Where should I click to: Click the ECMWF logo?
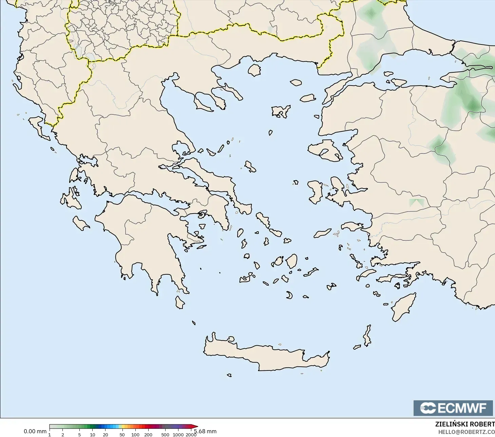coord(453,408)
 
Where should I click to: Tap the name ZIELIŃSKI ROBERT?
coord(465,424)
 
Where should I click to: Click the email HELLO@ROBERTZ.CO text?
coord(466,432)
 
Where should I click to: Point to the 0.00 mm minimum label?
coord(35,431)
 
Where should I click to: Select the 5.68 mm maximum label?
coord(206,431)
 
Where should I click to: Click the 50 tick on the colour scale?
coord(122,434)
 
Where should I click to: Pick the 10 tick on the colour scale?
coord(92,434)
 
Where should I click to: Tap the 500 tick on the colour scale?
coord(165,434)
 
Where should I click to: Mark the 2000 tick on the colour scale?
coord(191,434)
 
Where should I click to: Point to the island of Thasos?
coord(254,70)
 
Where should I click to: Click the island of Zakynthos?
coord(80,223)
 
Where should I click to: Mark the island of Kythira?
coord(180,302)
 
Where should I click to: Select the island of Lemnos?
coord(281,111)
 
